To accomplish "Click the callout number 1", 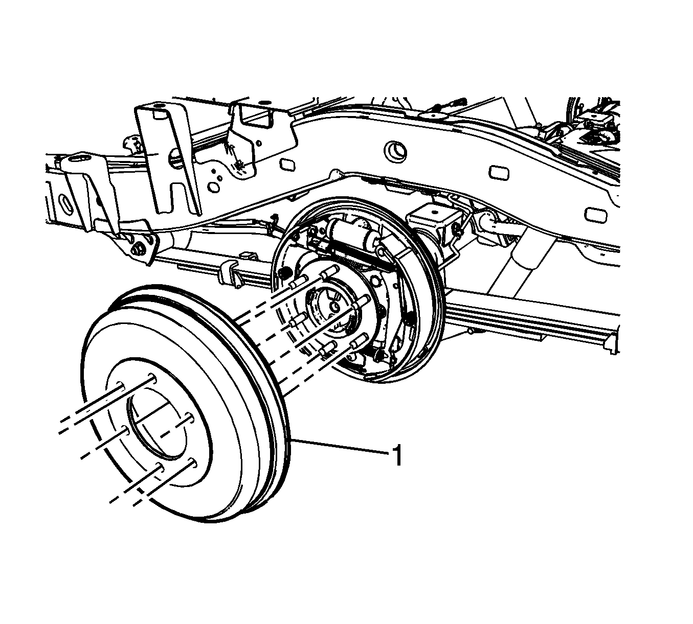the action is click(398, 455).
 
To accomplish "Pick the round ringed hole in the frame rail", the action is click(395, 151).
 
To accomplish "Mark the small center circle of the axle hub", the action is click(334, 306).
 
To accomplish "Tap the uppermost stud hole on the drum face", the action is click(151, 378).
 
